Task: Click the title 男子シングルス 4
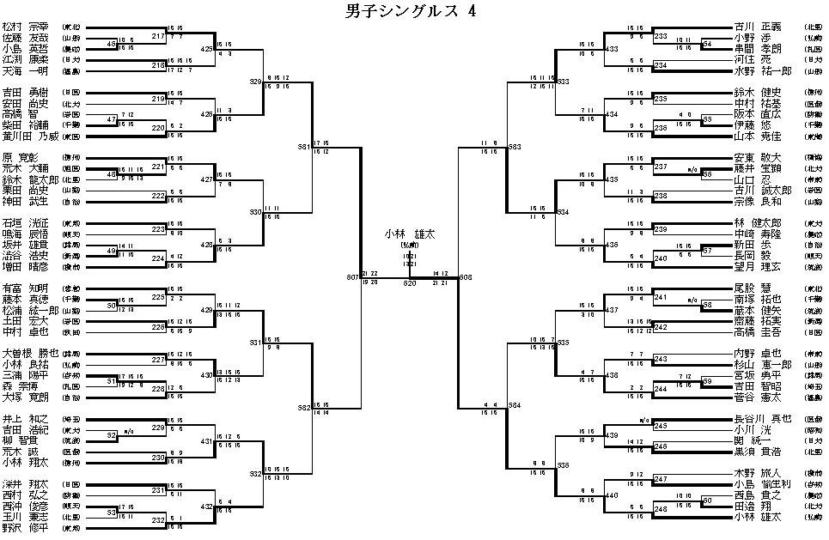click(x=410, y=11)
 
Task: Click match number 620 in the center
click(x=409, y=282)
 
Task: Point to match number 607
click(x=353, y=277)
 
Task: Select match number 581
click(x=304, y=147)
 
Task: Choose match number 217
click(x=158, y=37)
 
